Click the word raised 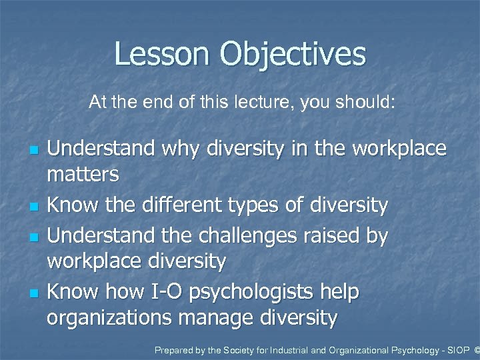[x=330, y=234]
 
